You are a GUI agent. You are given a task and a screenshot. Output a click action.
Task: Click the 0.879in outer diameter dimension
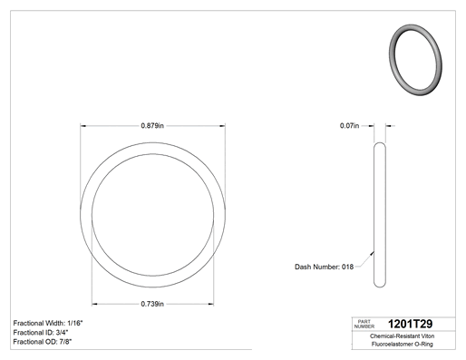click(152, 125)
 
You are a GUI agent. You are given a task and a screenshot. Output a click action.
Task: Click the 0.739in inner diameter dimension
click(152, 304)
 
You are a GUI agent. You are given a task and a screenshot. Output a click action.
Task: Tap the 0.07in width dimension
click(349, 125)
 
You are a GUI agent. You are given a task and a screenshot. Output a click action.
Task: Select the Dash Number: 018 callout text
click(324, 267)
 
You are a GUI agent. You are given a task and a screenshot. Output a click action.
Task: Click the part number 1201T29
click(410, 324)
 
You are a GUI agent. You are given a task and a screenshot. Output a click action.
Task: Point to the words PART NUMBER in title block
click(364, 324)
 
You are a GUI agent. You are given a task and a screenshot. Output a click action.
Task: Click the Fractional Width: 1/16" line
click(48, 323)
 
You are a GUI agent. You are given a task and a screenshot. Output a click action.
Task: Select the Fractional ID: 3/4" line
click(41, 333)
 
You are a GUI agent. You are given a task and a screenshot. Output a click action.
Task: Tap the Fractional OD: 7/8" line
click(43, 342)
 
